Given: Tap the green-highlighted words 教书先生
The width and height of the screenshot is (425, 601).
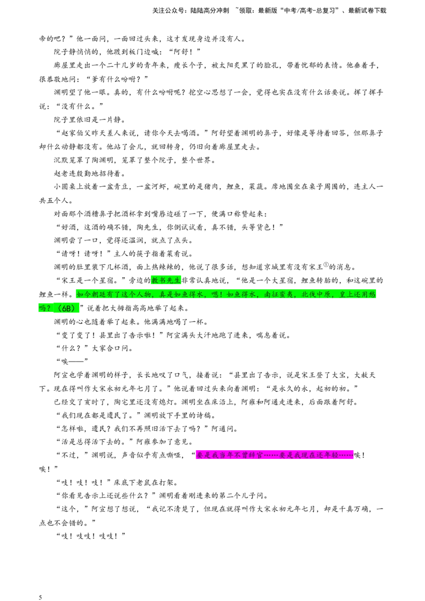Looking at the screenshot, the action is pyautogui.click(x=166, y=280).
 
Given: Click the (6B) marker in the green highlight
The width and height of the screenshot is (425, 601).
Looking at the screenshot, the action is pyautogui.click(x=64, y=308).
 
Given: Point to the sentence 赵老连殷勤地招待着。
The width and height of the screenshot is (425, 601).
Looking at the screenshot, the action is pyautogui.click(x=89, y=174).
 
